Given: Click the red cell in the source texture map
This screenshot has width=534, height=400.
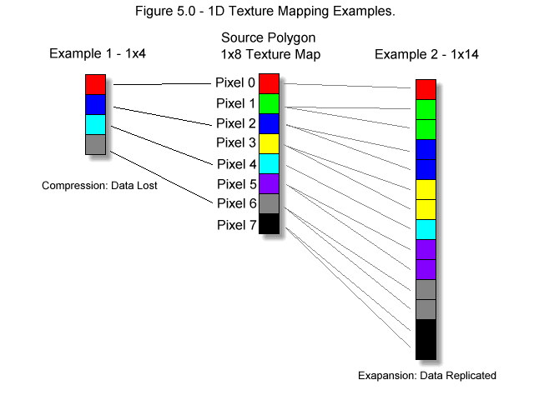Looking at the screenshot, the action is (269, 83).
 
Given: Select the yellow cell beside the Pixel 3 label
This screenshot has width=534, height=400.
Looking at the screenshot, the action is (269, 143).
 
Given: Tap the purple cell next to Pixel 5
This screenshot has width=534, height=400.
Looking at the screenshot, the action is (269, 183).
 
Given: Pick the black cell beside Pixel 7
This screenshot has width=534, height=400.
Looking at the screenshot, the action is (269, 223).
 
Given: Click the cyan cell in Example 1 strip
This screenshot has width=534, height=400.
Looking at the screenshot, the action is (95, 124).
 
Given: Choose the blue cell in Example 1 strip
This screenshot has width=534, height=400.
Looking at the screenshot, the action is (95, 104).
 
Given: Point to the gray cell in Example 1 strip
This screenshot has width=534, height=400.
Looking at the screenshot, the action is (95, 144).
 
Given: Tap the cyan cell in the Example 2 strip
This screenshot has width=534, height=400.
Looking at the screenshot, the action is (426, 230).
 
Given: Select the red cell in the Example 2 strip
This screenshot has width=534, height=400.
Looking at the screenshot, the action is (426, 89).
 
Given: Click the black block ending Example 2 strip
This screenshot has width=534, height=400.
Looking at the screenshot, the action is (426, 339).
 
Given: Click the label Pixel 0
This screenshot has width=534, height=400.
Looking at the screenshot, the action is (235, 82).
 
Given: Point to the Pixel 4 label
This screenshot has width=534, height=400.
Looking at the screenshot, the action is (236, 164).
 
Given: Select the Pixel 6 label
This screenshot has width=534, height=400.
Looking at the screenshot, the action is (236, 203).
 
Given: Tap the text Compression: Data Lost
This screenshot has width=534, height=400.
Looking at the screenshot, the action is (99, 186).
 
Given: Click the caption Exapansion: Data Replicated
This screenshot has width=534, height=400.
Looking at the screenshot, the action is (427, 376).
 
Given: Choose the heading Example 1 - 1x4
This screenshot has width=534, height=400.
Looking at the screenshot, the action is (98, 53).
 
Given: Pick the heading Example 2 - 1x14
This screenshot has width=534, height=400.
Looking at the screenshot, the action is (426, 54).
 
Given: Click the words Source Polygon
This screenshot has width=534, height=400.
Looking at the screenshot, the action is (269, 38).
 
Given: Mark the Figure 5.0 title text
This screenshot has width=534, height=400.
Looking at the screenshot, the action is (265, 11).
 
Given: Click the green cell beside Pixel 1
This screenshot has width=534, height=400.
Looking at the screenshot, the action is (269, 103).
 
